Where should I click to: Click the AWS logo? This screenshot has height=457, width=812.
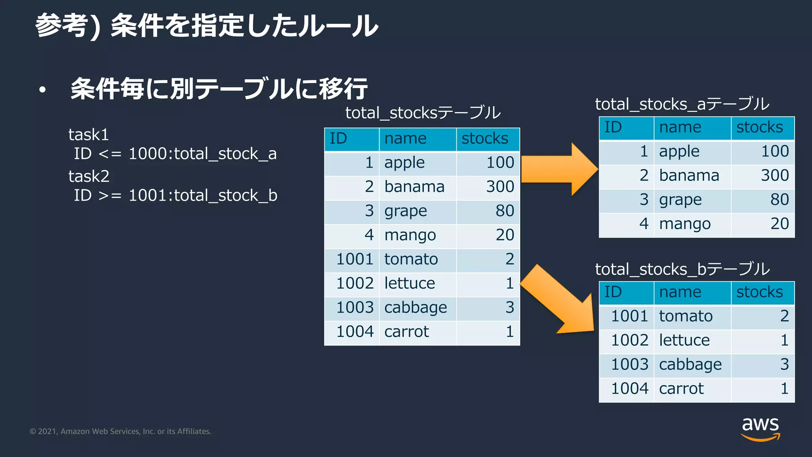tap(760, 428)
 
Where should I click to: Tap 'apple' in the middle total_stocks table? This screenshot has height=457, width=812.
tap(404, 163)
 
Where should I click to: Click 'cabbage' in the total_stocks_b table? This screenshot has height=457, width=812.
tap(690, 365)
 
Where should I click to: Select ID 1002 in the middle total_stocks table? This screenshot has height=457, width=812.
tap(355, 283)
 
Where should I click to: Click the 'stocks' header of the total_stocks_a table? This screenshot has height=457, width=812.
tap(759, 127)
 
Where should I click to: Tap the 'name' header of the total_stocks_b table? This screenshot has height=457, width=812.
tap(680, 292)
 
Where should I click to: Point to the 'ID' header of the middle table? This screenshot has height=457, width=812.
tap(338, 138)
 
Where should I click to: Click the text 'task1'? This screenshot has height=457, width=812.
tap(88, 135)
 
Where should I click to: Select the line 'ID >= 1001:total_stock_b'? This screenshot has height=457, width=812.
tap(175, 196)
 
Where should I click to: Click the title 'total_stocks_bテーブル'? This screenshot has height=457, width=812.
tap(682, 269)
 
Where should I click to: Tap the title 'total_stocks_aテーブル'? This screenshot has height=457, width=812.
tap(682, 104)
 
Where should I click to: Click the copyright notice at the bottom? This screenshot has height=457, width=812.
tap(121, 432)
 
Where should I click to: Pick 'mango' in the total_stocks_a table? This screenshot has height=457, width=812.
tap(685, 224)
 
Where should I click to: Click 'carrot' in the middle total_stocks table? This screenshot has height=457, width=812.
tap(406, 332)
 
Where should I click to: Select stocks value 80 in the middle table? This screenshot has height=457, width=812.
tap(504, 211)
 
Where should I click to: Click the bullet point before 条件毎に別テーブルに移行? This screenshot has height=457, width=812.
tap(42, 90)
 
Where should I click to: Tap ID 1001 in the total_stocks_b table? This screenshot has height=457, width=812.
tap(629, 316)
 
